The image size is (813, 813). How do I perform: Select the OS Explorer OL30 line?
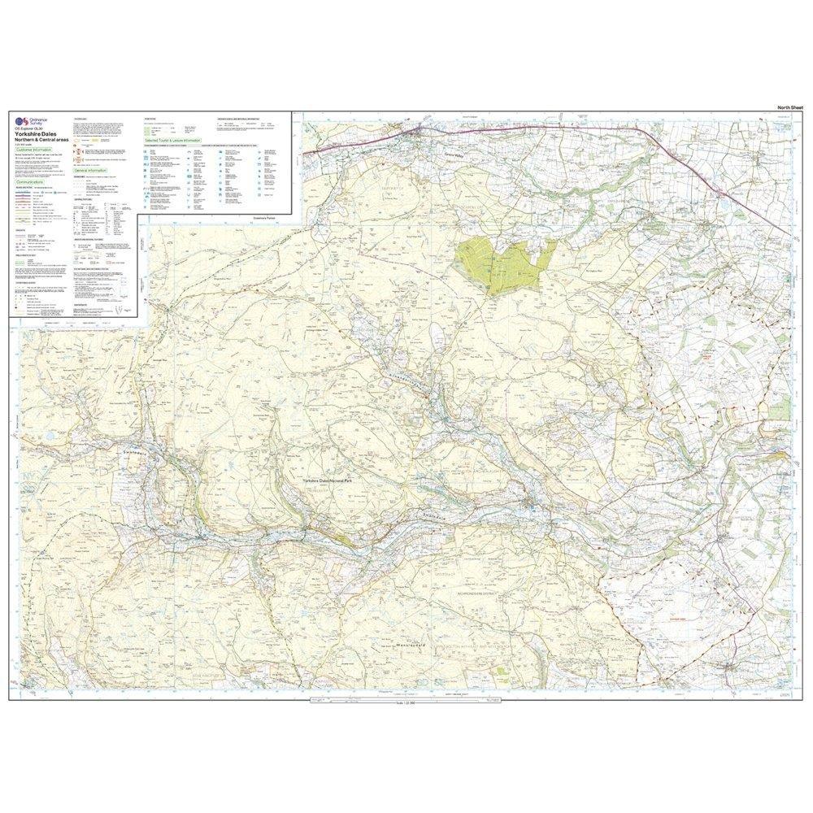(28, 128)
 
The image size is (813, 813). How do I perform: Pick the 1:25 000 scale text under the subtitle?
(24, 144)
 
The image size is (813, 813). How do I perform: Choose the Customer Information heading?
(33, 150)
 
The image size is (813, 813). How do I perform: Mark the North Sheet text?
(790, 107)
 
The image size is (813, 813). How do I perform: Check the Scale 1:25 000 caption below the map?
(404, 702)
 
